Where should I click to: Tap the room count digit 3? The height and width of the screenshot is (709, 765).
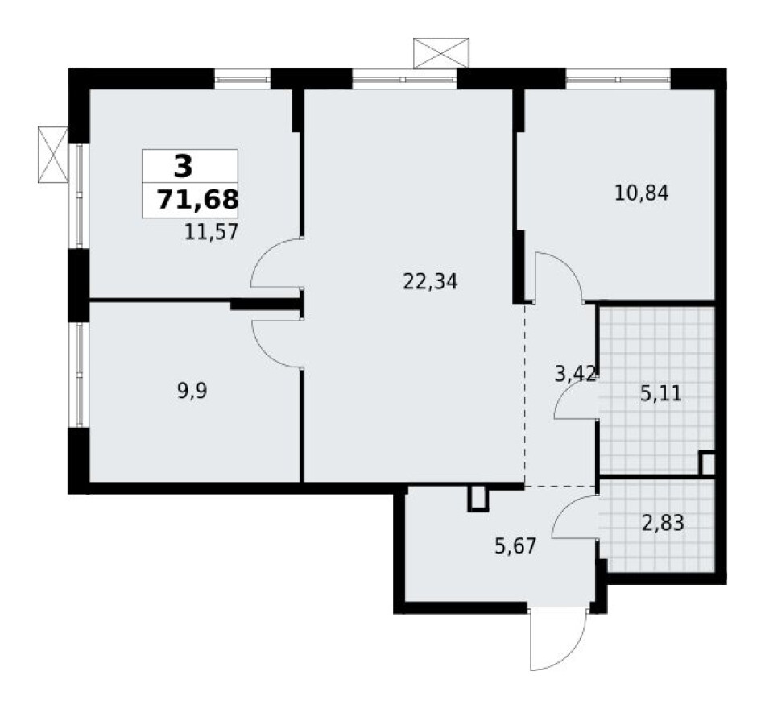(x=183, y=167)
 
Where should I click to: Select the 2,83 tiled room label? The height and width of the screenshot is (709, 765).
(x=664, y=524)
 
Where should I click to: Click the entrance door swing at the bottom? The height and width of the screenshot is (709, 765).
(x=556, y=641)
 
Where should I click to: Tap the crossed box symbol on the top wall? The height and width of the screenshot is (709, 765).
(x=440, y=52)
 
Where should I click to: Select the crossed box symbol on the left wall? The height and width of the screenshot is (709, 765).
(x=53, y=154)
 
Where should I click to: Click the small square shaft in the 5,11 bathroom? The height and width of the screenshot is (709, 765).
(x=707, y=463)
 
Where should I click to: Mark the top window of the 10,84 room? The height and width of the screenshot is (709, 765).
(x=618, y=79)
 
